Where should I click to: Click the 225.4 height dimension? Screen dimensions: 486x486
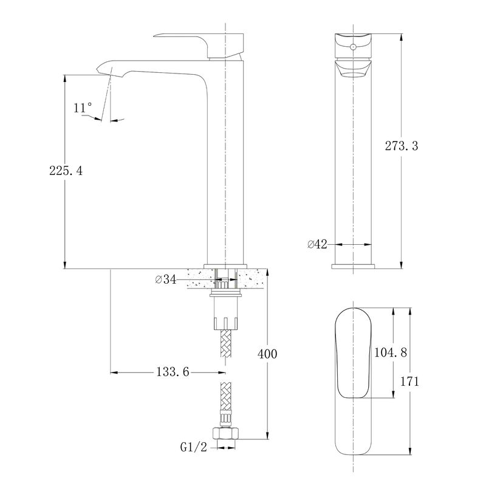66,171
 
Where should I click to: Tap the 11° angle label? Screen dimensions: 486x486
83,108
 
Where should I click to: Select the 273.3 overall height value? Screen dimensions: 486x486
402,146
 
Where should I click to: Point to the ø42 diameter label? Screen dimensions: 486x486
317,244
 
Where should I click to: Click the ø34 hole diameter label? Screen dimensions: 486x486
165,279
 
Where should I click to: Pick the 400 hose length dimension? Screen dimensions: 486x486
267,354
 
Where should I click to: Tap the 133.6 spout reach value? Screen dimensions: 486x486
173,372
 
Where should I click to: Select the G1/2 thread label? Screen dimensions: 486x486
193,447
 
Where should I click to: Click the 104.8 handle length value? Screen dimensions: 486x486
391,352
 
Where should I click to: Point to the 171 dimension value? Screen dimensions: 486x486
409,382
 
